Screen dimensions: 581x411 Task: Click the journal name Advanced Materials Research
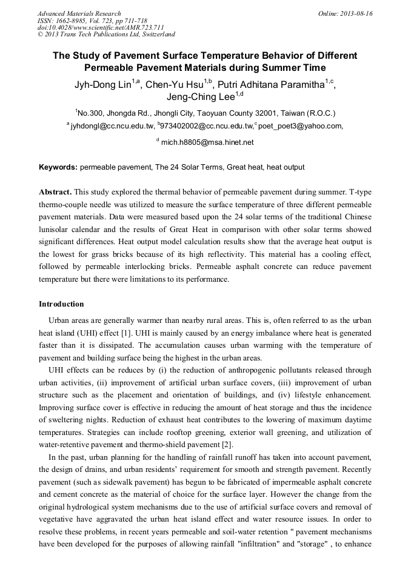pyautogui.click(x=79, y=13)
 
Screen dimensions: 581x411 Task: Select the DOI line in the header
pyautogui.click(x=101, y=27)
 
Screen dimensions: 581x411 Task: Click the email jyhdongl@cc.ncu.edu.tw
pyautogui.click(x=112, y=126)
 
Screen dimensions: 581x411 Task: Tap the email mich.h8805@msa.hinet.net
pyautogui.click(x=207, y=142)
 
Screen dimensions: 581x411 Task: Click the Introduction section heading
pyautogui.click(x=61, y=304)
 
